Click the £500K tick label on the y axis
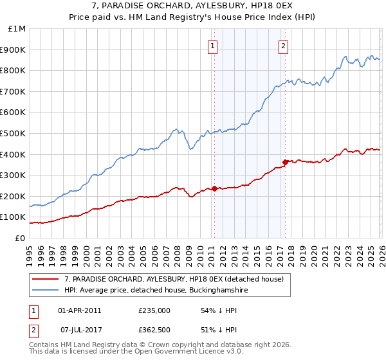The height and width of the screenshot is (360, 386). (14, 133)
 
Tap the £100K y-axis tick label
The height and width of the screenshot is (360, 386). (14, 217)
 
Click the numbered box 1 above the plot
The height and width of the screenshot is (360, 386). (212, 45)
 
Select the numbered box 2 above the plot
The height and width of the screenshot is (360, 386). (283, 45)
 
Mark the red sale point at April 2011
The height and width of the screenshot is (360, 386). (214, 188)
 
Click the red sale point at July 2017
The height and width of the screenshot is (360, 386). (285, 162)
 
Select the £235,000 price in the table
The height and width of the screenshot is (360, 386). (154, 310)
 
